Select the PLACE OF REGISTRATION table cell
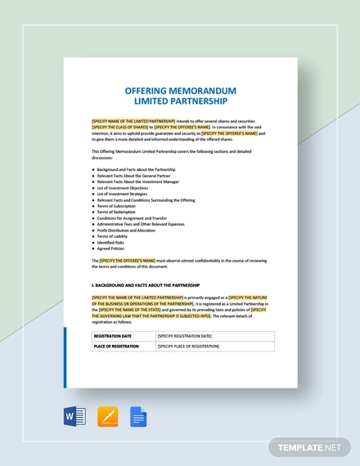coord(118,346)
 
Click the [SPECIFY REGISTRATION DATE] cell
coord(184,336)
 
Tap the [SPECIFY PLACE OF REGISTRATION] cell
coord(188,346)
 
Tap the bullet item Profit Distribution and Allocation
coord(127,230)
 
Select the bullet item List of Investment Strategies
coord(122,194)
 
